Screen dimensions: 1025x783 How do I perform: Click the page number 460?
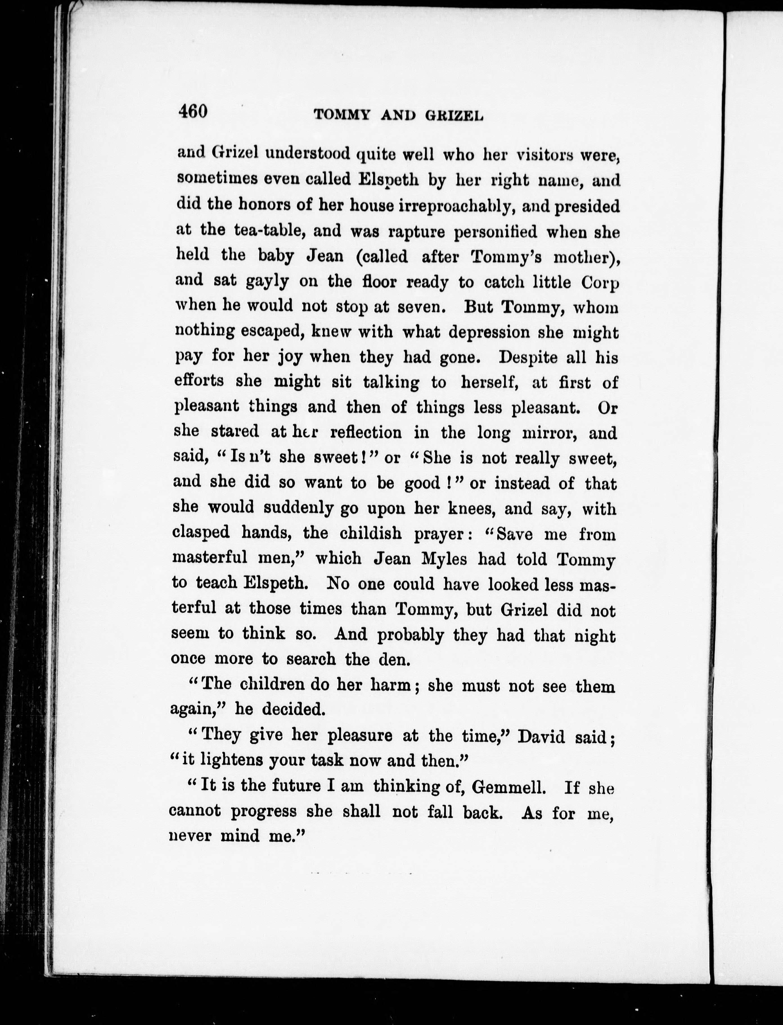192,112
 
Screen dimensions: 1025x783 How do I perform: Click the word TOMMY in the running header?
342,115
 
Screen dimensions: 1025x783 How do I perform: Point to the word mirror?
550,433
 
